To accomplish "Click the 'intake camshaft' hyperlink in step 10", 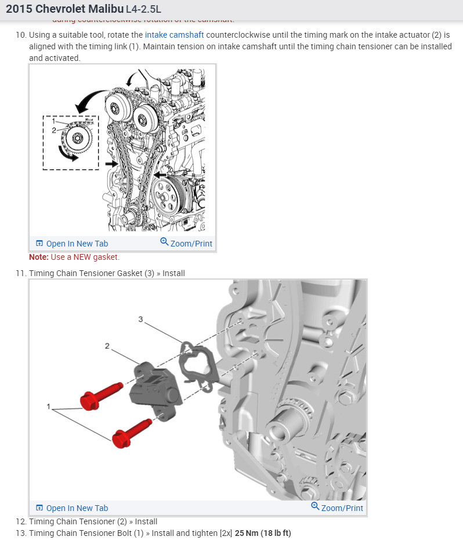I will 174,35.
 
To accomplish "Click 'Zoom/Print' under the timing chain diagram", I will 186,244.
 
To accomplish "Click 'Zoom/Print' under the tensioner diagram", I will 337,508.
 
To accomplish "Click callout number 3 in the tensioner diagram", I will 140,319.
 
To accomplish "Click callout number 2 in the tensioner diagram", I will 107,346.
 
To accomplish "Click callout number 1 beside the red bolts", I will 49,407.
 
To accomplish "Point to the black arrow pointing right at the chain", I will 111,165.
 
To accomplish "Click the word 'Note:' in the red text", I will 39,257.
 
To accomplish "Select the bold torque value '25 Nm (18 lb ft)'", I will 263,533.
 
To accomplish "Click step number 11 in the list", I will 21,273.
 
